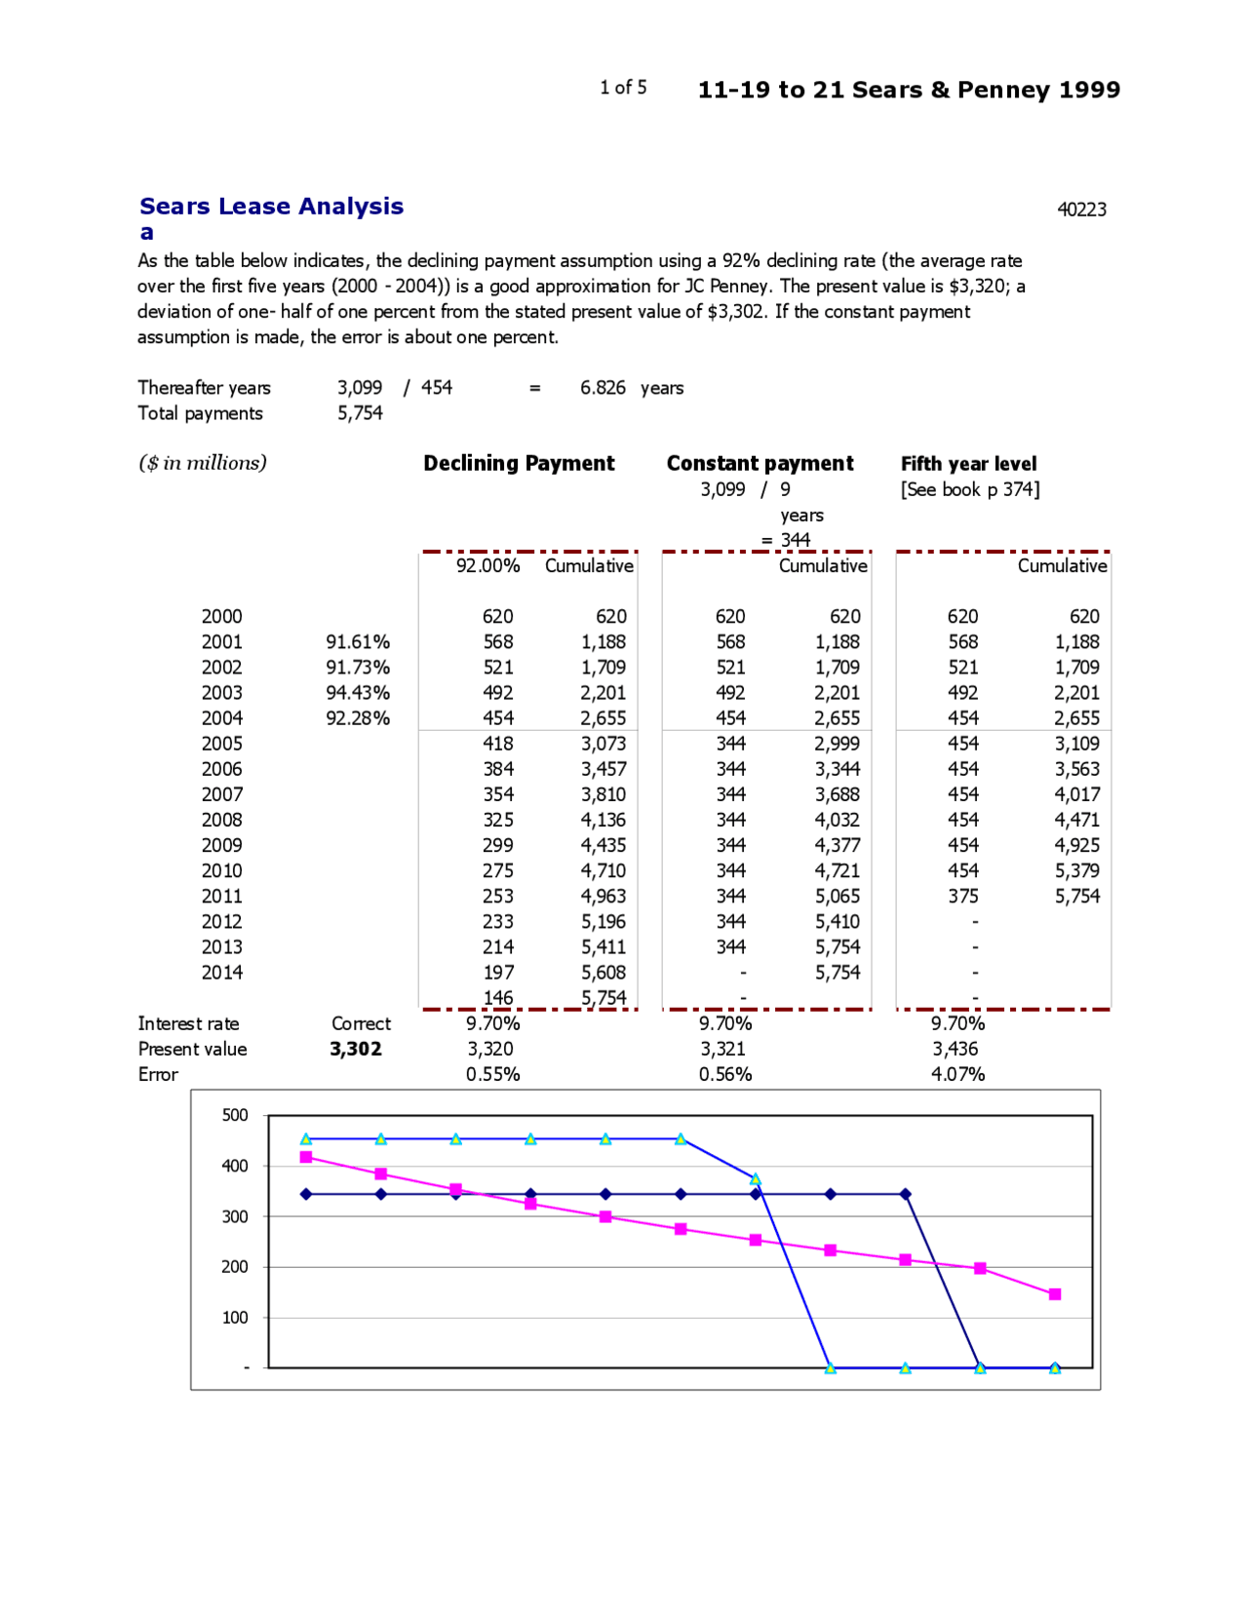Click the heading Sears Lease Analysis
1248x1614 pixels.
pyautogui.click(x=271, y=207)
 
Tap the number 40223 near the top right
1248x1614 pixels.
pyautogui.click(x=1081, y=210)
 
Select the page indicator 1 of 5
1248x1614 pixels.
pyautogui.click(x=623, y=88)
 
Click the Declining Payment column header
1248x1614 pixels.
pyautogui.click(x=519, y=463)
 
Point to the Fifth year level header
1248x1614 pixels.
pyautogui.click(x=968, y=464)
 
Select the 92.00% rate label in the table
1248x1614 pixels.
pyautogui.click(x=487, y=565)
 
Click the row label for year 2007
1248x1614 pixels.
pyautogui.click(x=221, y=794)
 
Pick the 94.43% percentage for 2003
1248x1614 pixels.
pyautogui.click(x=357, y=693)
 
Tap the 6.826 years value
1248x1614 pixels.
pyautogui.click(x=631, y=388)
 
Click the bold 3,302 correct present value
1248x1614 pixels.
pyautogui.click(x=356, y=1049)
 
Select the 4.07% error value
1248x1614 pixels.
pyautogui.click(x=957, y=1074)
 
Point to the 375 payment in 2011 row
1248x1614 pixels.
pyautogui.click(x=962, y=896)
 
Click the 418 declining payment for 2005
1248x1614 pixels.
pyautogui.click(x=498, y=744)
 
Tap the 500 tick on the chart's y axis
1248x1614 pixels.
pyautogui.click(x=235, y=1115)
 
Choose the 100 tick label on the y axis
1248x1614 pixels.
pyautogui.click(x=235, y=1318)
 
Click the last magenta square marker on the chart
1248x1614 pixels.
pyautogui.click(x=1054, y=1294)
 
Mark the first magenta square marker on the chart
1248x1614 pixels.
pyautogui.click(x=306, y=1157)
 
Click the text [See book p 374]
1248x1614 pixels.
pyautogui.click(x=970, y=489)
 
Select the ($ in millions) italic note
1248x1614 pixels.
pyautogui.click(x=202, y=463)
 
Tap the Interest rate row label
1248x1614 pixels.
pyautogui.click(x=188, y=1023)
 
